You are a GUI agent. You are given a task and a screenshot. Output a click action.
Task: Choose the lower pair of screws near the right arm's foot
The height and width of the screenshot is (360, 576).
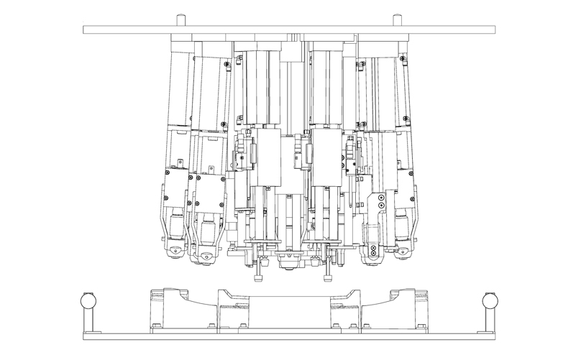coord(373,251)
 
